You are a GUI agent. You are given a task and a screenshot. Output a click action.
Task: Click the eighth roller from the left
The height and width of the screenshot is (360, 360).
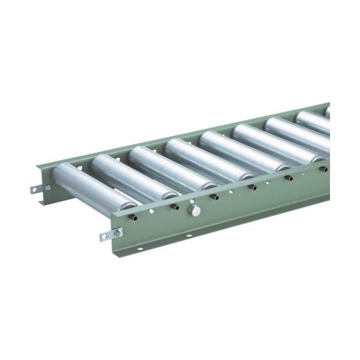tap(314, 122)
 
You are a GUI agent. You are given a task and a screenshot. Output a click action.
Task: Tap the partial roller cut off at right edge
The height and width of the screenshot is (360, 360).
tap(328, 112)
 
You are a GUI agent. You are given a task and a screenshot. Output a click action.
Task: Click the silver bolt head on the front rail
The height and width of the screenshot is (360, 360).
tap(194, 210)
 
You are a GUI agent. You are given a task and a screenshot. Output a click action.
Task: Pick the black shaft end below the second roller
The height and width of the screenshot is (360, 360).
tap(175, 207)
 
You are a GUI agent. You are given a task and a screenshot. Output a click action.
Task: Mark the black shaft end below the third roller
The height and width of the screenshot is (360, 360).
tap(215, 197)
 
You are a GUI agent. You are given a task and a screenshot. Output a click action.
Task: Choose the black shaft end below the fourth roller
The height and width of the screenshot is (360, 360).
tap(253, 187)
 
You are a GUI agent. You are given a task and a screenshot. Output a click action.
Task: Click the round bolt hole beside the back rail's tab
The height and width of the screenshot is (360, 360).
tap(48, 187)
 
